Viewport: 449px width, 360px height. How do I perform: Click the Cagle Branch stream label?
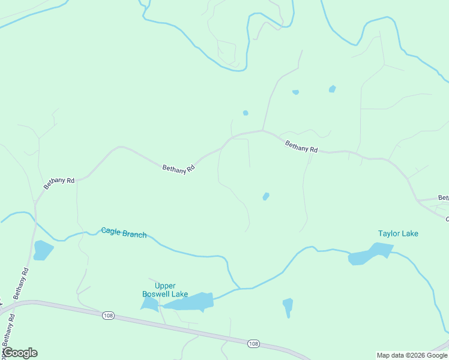(124, 233)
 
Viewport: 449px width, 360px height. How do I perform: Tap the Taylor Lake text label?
(398, 233)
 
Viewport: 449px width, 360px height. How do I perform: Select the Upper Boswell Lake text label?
(165, 290)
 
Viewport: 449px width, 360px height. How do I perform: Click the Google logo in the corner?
(20, 353)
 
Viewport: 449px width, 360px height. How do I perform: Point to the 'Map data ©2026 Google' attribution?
(412, 355)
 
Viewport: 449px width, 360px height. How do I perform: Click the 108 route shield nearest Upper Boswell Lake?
(108, 316)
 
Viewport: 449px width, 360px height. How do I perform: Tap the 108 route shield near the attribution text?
(254, 343)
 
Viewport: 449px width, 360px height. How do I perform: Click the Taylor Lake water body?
(369, 254)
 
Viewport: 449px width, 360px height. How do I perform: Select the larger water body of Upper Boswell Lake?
(189, 302)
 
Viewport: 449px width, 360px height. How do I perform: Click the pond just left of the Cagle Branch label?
(43, 250)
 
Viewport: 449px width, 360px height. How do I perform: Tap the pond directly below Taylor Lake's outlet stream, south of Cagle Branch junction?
(288, 306)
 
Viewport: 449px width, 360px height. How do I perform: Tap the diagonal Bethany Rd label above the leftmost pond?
(58, 183)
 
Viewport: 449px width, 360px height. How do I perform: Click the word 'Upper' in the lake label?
(165, 286)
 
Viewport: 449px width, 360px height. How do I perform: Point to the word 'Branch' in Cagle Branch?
(135, 234)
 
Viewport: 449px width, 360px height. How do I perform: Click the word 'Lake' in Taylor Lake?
(409, 233)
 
